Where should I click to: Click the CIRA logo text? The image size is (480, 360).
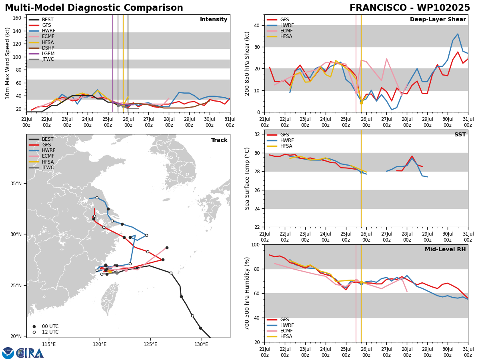click(30, 353)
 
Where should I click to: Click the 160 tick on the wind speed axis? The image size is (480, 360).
click(17, 18)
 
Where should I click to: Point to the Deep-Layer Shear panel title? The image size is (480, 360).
click(438, 19)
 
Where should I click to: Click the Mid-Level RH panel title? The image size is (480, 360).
click(445, 249)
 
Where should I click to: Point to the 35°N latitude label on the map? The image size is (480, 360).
click(16, 183)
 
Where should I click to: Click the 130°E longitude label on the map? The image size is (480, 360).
click(201, 344)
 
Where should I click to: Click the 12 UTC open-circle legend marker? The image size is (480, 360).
click(34, 332)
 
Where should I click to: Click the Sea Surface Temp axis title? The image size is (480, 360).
click(247, 178)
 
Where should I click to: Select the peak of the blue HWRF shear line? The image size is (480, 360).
click(458, 34)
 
